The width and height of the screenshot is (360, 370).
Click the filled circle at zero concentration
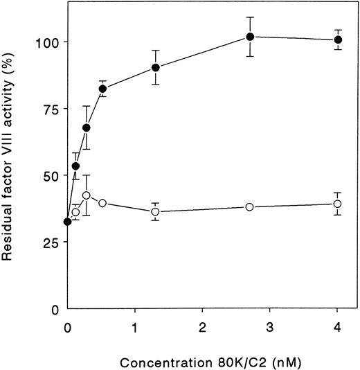67,222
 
